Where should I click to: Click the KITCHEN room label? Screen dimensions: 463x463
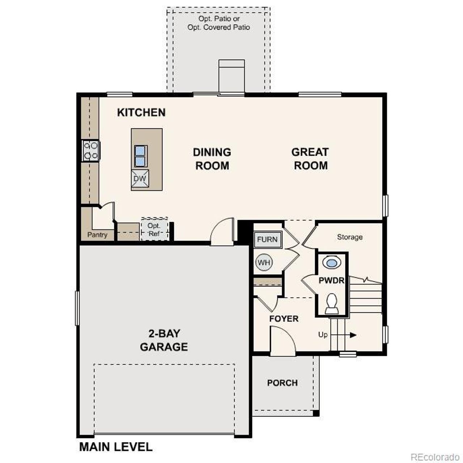pyautogui.click(x=141, y=112)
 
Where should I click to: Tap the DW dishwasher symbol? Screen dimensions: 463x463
pyautogui.click(x=140, y=179)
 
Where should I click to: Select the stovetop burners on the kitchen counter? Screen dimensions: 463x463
pyautogui.click(x=90, y=150)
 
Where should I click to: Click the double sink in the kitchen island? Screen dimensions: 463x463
pyautogui.click(x=140, y=156)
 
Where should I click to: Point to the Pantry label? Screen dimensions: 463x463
pyautogui.click(x=97, y=235)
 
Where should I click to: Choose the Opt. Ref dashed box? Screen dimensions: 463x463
pyautogui.click(x=154, y=229)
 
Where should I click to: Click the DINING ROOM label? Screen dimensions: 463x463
pyautogui.click(x=212, y=159)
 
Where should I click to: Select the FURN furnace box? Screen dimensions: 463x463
pyautogui.click(x=267, y=239)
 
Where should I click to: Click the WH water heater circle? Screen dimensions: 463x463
pyautogui.click(x=264, y=262)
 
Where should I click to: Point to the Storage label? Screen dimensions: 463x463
pyautogui.click(x=349, y=237)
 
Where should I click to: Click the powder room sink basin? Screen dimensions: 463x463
pyautogui.click(x=331, y=263)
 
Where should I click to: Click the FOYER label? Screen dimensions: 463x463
pyautogui.click(x=284, y=319)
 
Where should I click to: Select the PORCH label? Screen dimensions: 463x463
pyautogui.click(x=283, y=383)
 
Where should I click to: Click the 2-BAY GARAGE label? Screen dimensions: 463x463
pyautogui.click(x=164, y=340)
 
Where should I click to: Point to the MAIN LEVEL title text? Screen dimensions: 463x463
pyautogui.click(x=116, y=447)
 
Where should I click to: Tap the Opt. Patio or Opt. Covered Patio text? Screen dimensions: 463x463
pyautogui.click(x=219, y=23)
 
